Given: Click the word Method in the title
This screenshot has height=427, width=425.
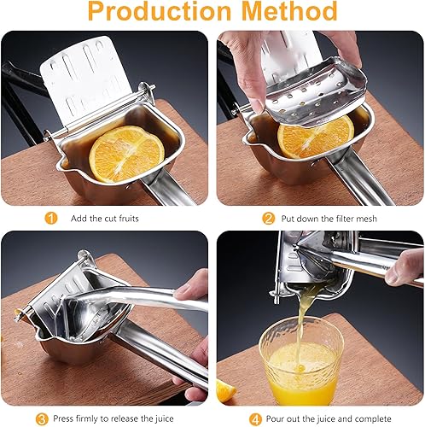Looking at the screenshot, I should (285, 12).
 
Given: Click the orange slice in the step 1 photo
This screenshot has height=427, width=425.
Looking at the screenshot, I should (126, 154).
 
